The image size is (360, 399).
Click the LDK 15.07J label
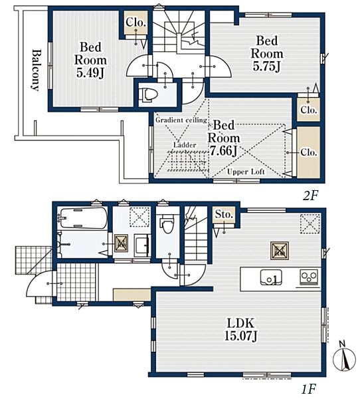tap(240, 329)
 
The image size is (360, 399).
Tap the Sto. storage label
tap(224, 215)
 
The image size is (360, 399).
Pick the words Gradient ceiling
tap(181, 120)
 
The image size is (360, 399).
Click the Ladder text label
tap(185, 145)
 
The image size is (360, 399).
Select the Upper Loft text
tap(246, 172)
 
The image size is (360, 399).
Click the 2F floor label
tap(310, 196)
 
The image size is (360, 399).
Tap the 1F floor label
tap(309, 389)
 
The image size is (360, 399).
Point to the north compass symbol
tap(345, 358)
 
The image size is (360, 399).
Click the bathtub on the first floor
tap(82, 218)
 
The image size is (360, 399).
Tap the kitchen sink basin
tap(271, 277)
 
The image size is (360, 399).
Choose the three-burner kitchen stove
tap(309, 277)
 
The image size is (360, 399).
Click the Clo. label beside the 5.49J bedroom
tap(136, 23)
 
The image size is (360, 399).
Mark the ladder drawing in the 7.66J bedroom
tap(187, 160)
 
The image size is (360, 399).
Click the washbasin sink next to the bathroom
tap(141, 246)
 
